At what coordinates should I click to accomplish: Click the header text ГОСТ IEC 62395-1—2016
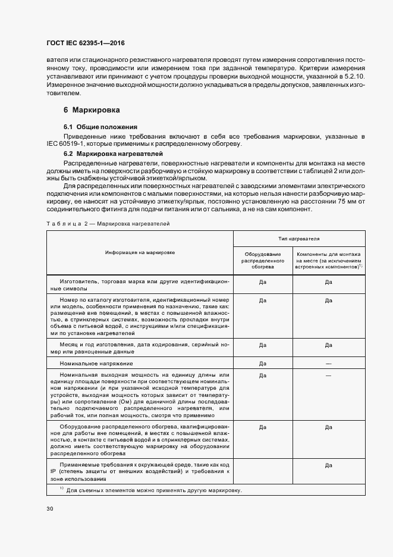pos(86,43)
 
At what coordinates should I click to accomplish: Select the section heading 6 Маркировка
pos(92,110)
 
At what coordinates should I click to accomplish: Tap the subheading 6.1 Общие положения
pos(100,127)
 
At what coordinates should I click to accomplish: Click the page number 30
pos(50,509)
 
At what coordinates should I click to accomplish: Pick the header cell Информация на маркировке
pos(140,252)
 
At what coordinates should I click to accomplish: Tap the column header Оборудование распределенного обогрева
pos(262,261)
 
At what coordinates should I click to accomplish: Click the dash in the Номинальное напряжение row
pos(328,363)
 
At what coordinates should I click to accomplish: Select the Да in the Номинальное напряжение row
pos(262,363)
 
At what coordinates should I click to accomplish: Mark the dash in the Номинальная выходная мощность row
pos(328,375)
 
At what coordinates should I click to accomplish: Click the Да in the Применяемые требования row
pos(328,467)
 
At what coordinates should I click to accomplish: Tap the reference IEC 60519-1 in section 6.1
pos(67,143)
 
